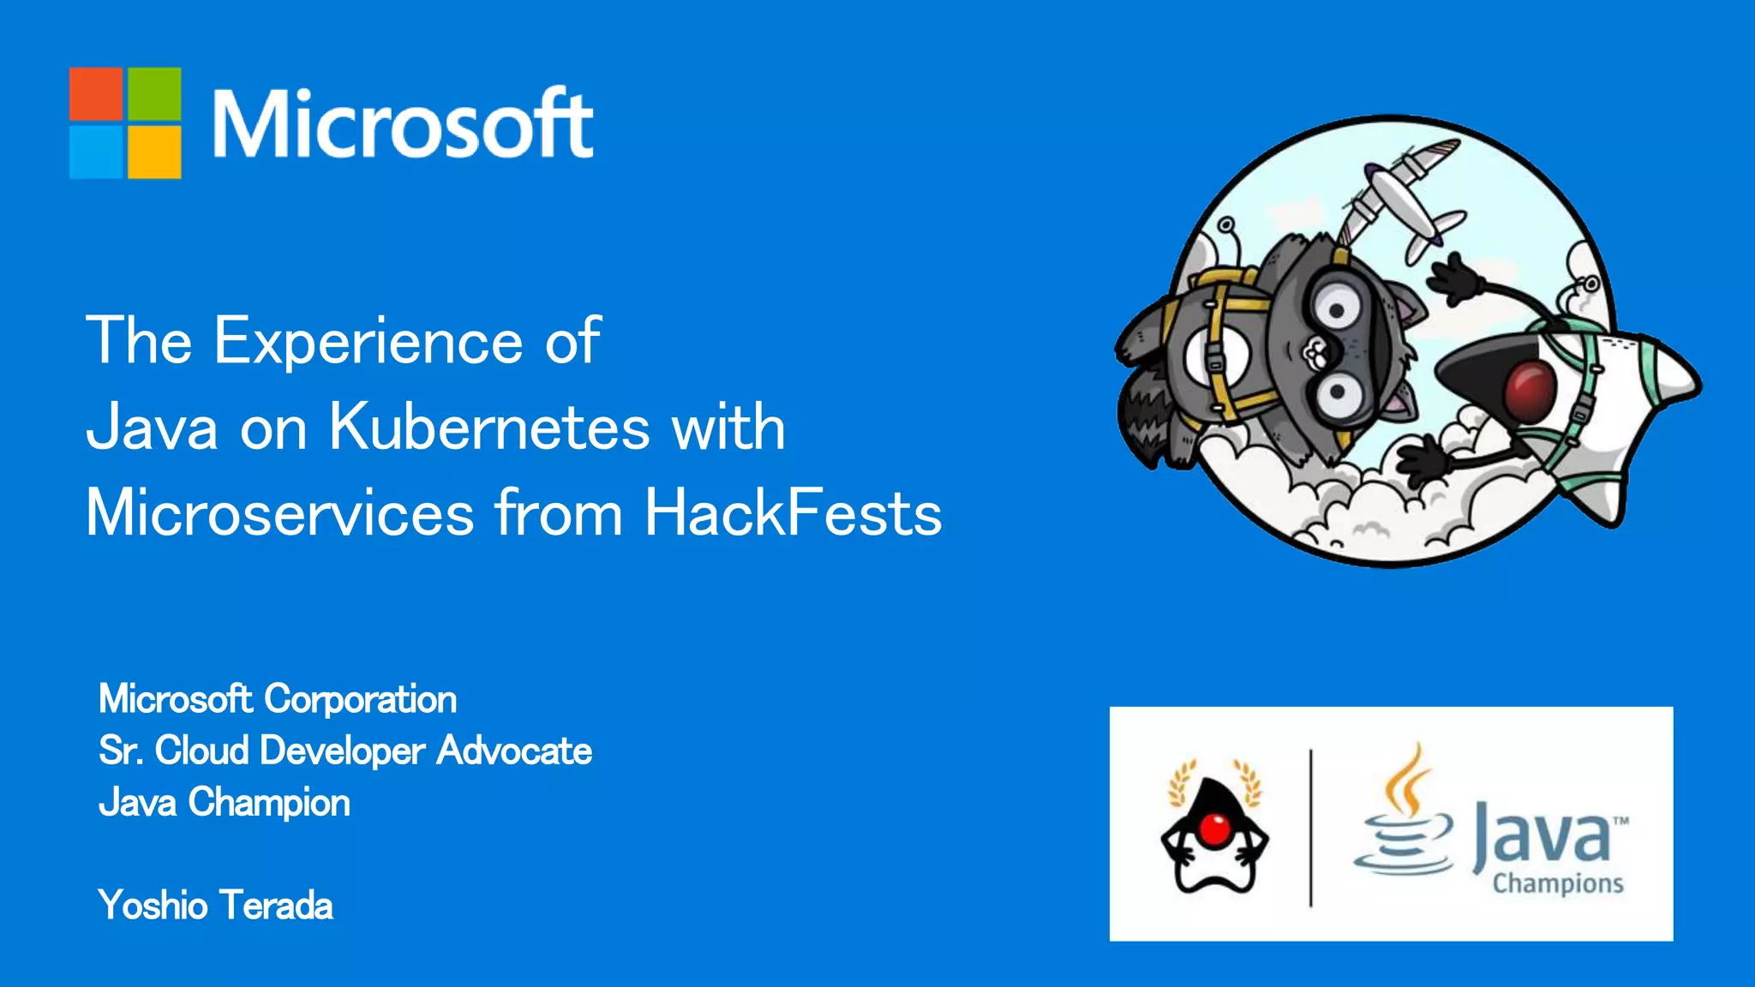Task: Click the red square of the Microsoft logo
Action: click(x=96, y=93)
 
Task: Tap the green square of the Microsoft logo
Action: click(x=154, y=93)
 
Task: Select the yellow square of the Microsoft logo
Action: click(x=154, y=152)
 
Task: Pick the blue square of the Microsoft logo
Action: click(x=96, y=152)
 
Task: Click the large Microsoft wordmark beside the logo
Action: click(x=403, y=124)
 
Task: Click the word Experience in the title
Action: click(x=368, y=341)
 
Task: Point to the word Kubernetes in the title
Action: click(x=489, y=426)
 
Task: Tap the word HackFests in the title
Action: click(x=793, y=512)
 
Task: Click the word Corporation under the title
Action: click(x=361, y=699)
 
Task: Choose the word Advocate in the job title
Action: click(x=514, y=751)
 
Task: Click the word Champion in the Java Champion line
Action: click(x=269, y=803)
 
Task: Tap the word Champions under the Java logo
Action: click(x=1558, y=883)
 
